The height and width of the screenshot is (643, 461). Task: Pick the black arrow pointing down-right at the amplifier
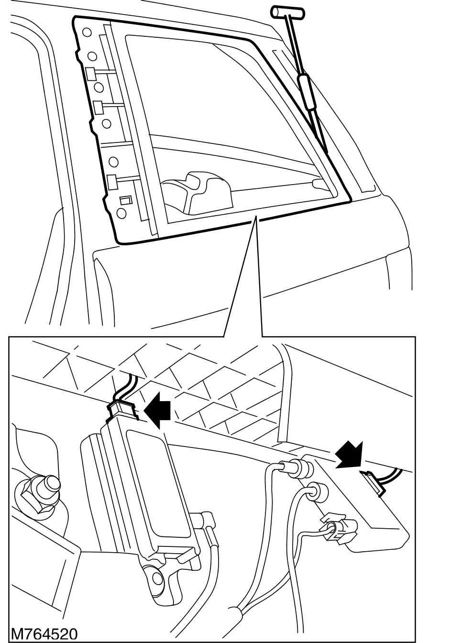[349, 454]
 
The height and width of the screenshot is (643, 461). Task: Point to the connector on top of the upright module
[122, 410]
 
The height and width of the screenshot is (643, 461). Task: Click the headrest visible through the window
[191, 191]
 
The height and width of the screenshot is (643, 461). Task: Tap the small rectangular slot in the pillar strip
[125, 200]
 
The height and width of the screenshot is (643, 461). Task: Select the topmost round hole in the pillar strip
[87, 33]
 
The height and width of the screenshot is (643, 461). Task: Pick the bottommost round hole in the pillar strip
[121, 212]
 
